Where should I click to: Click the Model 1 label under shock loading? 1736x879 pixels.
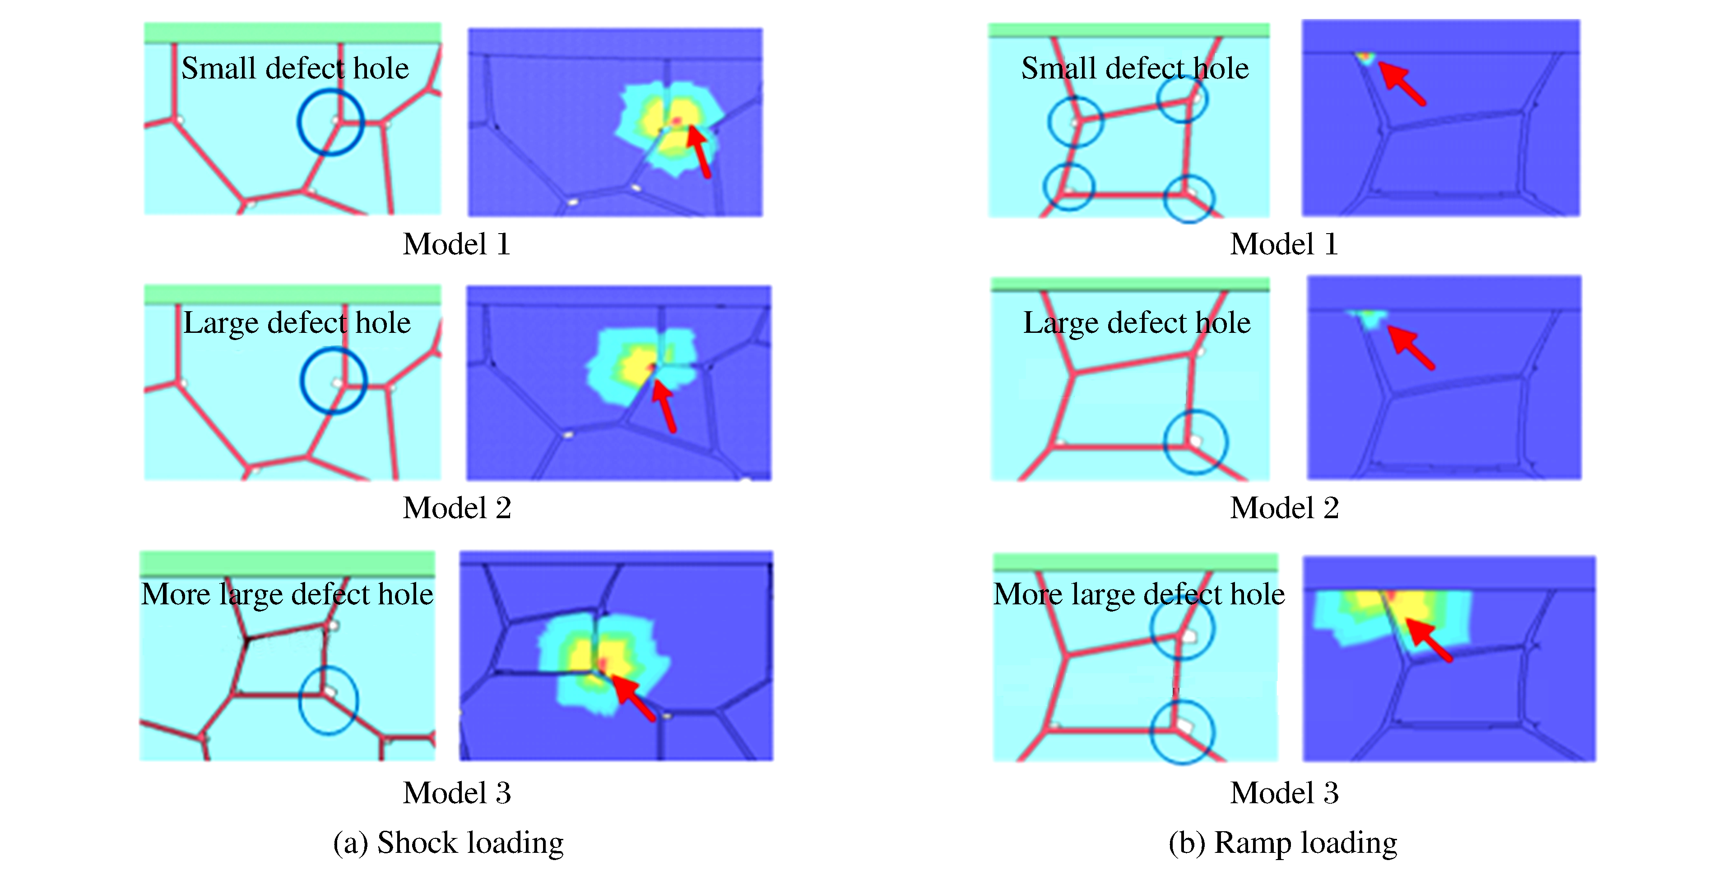click(457, 244)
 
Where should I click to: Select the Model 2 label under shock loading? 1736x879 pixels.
click(457, 508)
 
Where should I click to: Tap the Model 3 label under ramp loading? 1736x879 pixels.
click(1285, 793)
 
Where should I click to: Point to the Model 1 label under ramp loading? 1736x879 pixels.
click(1285, 244)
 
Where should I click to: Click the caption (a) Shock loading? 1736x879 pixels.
click(449, 842)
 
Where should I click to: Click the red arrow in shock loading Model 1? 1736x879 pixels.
click(699, 152)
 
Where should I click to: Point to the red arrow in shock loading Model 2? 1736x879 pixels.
click(664, 405)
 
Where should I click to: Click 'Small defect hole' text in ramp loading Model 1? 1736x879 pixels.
click(1135, 68)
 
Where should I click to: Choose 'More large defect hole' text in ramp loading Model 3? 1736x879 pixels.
click(1139, 594)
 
